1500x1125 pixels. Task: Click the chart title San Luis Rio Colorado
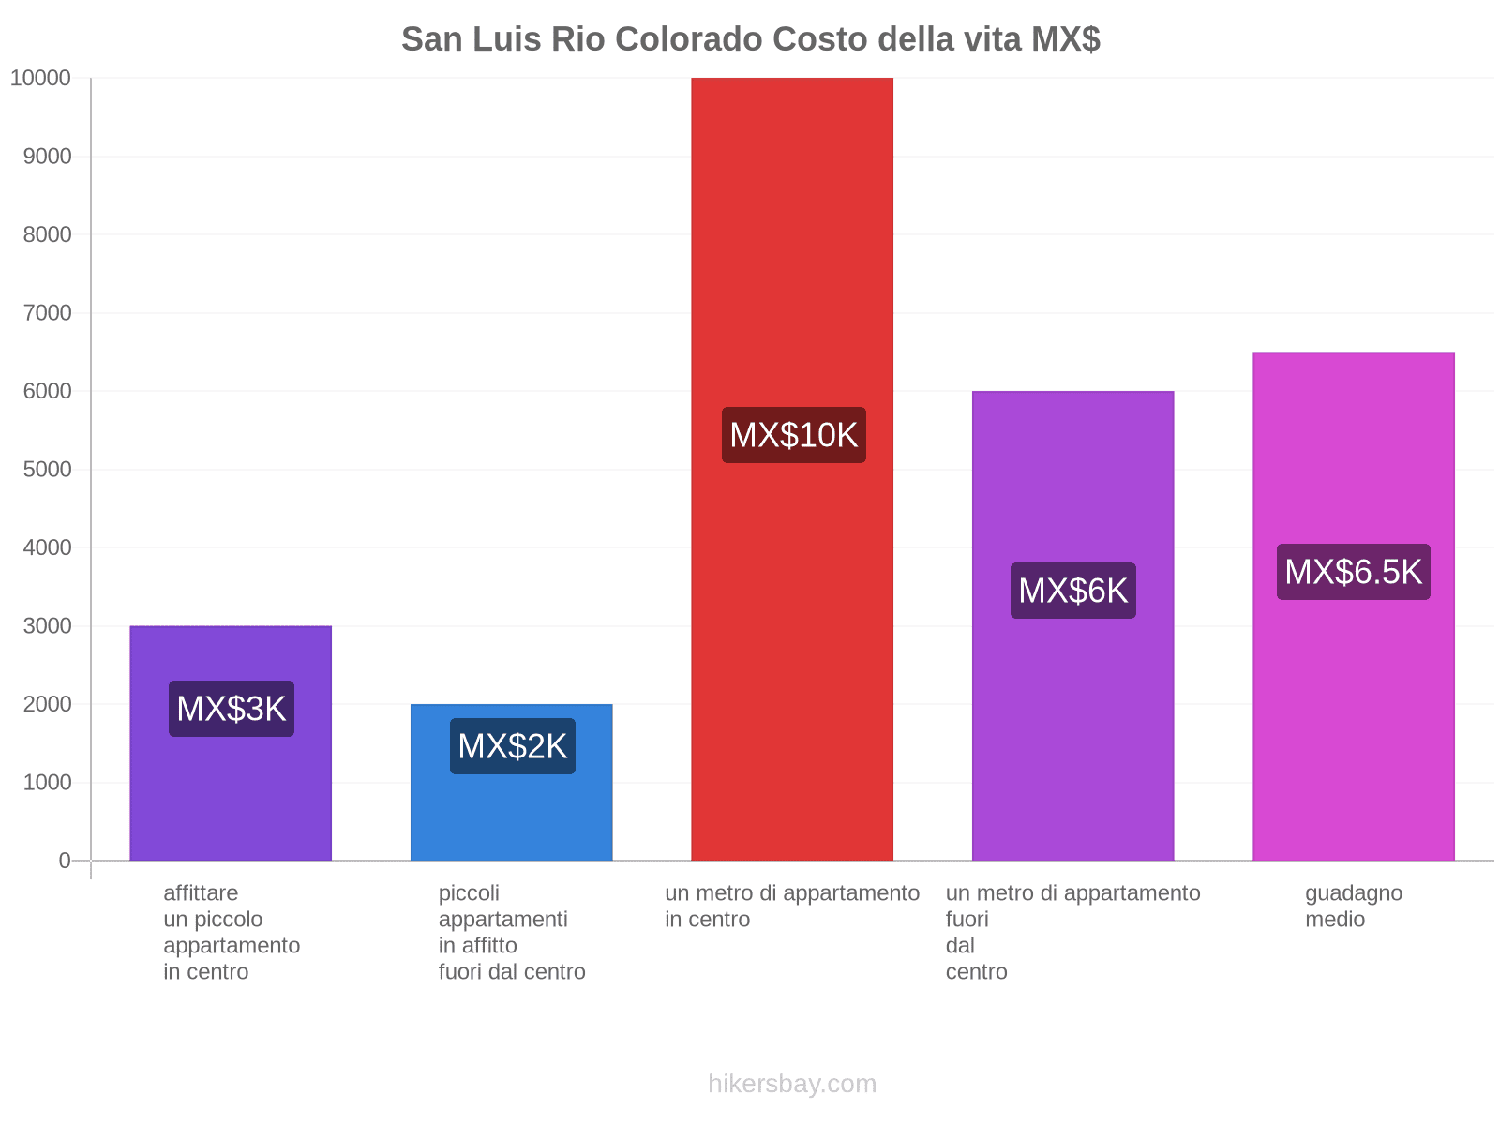[750, 39]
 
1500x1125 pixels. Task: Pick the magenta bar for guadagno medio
[1353, 731]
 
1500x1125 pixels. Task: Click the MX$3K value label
[232, 709]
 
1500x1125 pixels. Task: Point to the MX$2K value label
[512, 746]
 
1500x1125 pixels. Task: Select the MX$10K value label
[793, 435]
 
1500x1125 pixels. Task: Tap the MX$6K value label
[1072, 591]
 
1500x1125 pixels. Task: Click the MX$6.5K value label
[1353, 572]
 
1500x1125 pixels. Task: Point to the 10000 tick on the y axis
[41, 78]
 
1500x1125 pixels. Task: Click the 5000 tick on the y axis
[48, 469]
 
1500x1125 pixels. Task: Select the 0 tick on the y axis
[65, 861]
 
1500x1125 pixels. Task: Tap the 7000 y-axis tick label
[48, 313]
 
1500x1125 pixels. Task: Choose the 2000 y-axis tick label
[48, 704]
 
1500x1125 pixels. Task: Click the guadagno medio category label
[1353, 906]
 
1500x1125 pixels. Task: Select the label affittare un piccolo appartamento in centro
[232, 932]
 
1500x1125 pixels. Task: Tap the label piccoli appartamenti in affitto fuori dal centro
[511, 932]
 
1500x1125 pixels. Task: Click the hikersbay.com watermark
[792, 1084]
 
